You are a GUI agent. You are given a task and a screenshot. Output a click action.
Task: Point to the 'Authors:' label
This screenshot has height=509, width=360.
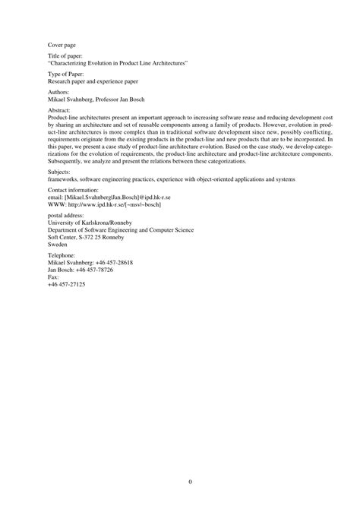pyautogui.click(x=58, y=91)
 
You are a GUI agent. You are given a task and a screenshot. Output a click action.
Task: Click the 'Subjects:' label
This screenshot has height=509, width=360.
pyautogui.click(x=59, y=172)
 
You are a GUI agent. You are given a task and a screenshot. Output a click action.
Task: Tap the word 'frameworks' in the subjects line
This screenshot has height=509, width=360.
pyautogui.click(x=64, y=179)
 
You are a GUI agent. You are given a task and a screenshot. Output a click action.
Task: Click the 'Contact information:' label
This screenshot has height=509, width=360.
pyautogui.click(x=73, y=190)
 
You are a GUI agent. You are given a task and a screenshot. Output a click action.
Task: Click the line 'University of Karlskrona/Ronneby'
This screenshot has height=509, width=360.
pyautogui.click(x=89, y=222)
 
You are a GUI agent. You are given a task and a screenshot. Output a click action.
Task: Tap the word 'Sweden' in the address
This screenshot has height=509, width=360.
pyautogui.click(x=58, y=246)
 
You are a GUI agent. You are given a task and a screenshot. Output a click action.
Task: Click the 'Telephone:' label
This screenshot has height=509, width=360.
pyautogui.click(x=62, y=256)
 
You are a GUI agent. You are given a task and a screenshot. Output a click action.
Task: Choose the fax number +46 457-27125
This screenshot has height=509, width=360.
pyautogui.click(x=67, y=284)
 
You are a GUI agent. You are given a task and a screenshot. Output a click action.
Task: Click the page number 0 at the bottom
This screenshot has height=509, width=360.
pyautogui.click(x=190, y=482)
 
